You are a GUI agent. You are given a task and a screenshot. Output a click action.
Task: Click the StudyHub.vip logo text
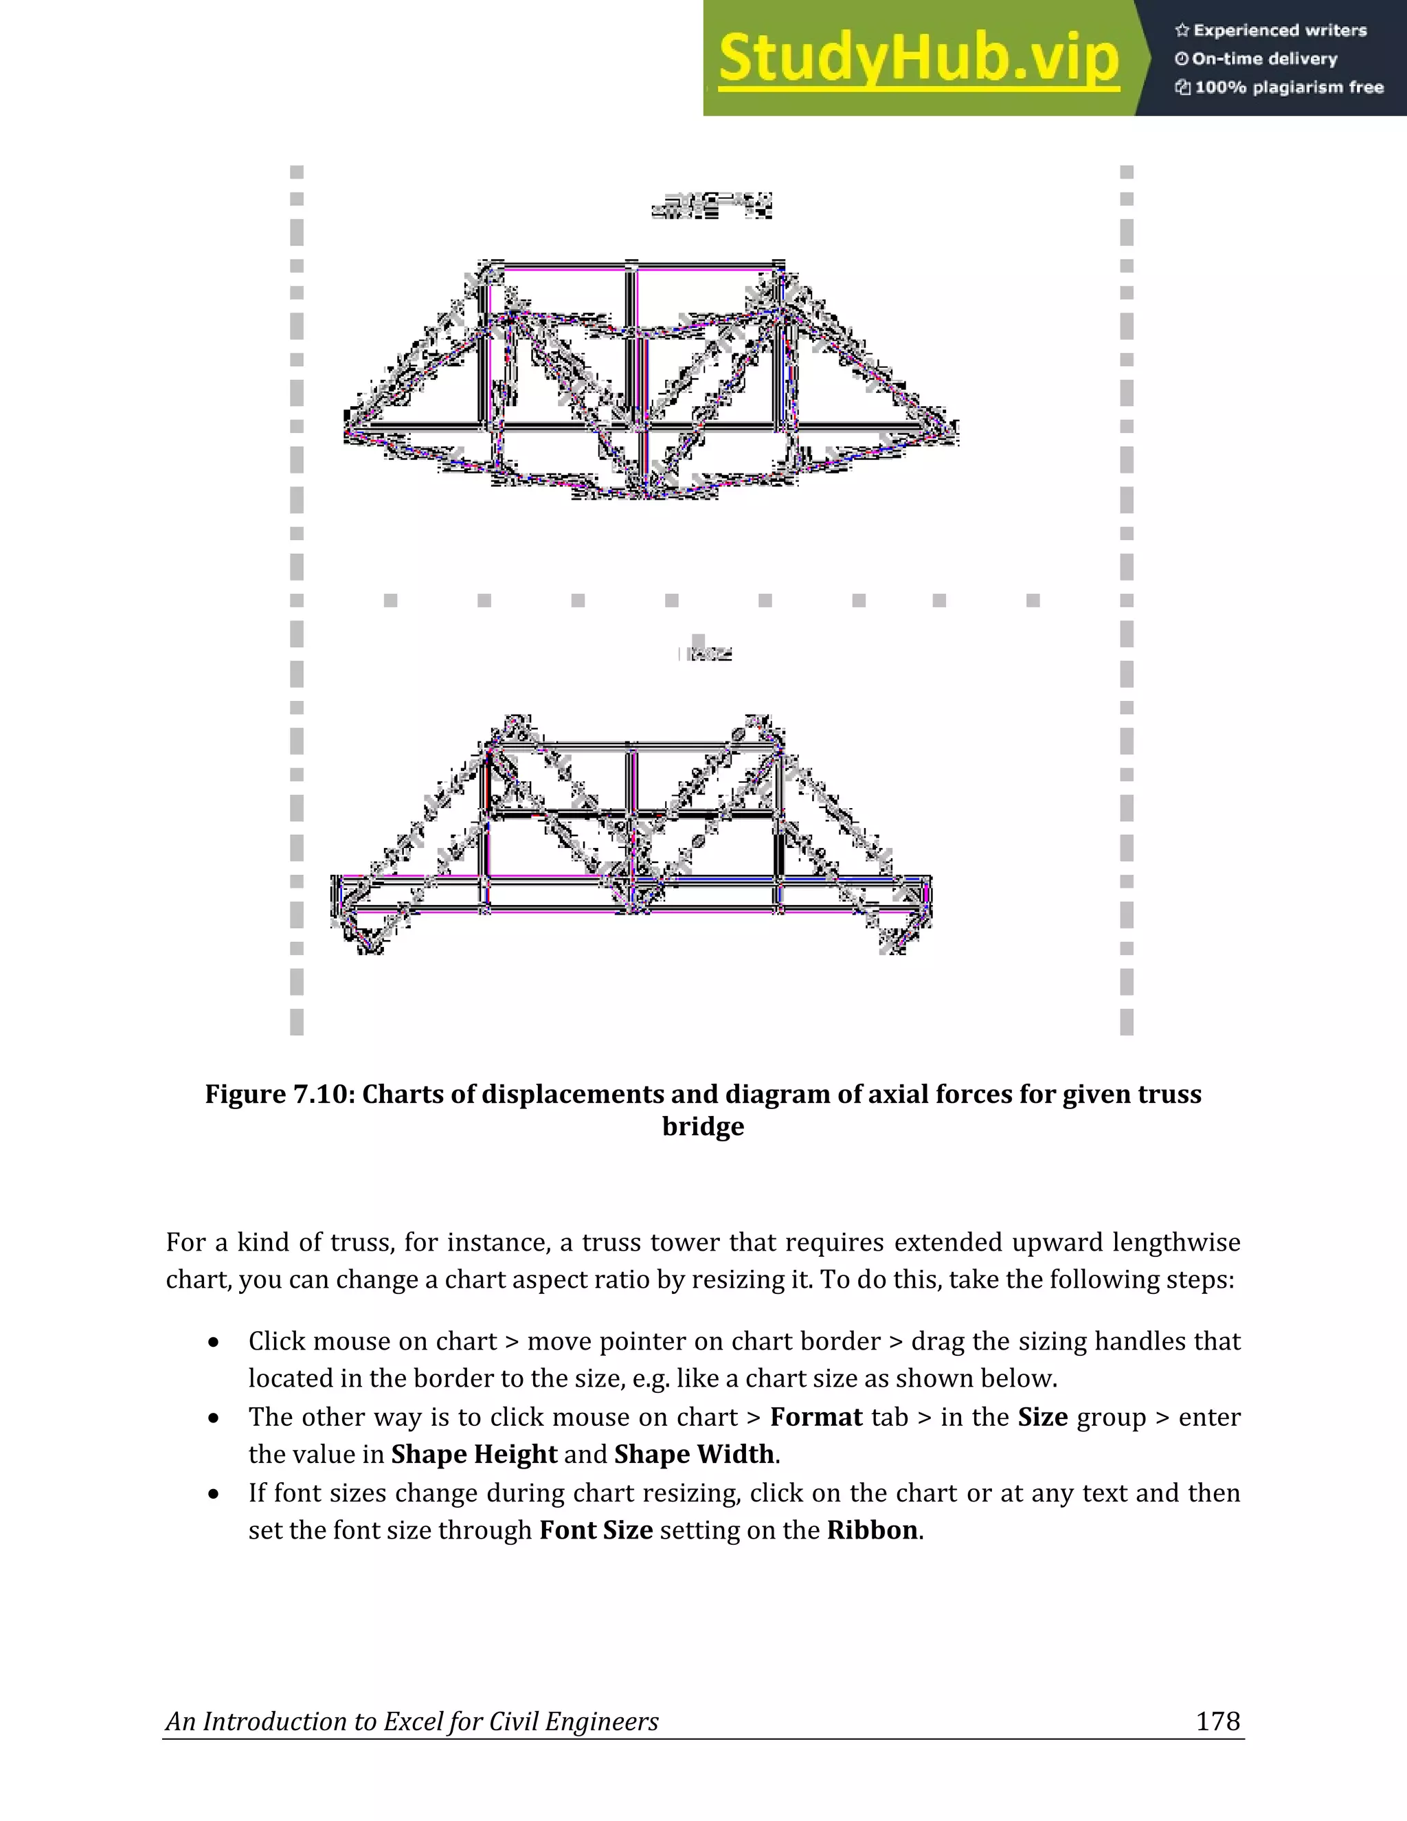918,59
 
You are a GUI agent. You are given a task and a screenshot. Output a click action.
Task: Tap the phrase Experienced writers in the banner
1279,31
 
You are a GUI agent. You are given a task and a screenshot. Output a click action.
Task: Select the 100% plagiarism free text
1288,87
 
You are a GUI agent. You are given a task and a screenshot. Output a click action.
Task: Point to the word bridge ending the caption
703,1126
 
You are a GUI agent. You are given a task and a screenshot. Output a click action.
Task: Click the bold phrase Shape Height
473,1454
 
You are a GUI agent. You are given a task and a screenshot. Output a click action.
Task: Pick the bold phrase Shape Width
695,1454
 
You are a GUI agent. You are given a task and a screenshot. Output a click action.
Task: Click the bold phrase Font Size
595,1531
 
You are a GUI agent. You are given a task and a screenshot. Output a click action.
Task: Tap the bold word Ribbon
872,1531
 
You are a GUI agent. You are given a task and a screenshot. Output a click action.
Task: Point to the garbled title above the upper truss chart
711,205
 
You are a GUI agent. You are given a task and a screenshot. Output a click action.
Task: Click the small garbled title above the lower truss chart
705,653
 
